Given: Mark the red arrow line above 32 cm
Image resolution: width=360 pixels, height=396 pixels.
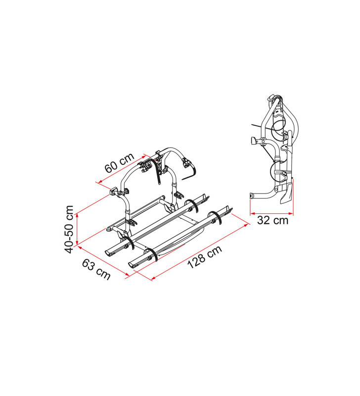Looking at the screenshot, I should point(271,214).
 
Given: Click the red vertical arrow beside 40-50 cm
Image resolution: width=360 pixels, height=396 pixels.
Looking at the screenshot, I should point(77,226).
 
